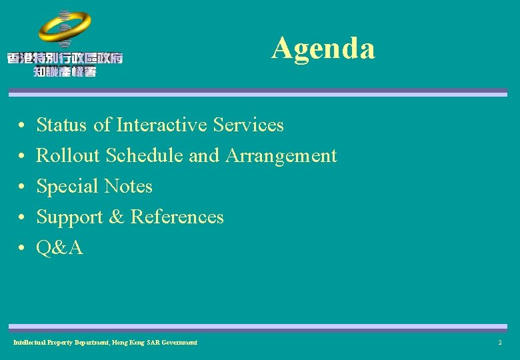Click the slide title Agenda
click(x=323, y=48)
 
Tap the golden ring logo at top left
click(x=65, y=28)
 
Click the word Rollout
click(x=68, y=155)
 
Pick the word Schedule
click(x=145, y=155)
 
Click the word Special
click(x=65, y=187)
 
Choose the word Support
click(x=69, y=217)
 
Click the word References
click(x=177, y=217)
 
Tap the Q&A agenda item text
click(x=59, y=248)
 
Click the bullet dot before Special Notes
click(x=22, y=187)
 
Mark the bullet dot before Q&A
click(x=22, y=249)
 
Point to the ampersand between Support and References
click(x=117, y=217)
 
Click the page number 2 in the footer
click(x=499, y=343)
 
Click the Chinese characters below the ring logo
click(x=65, y=64)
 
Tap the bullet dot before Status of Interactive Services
click(x=22, y=126)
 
